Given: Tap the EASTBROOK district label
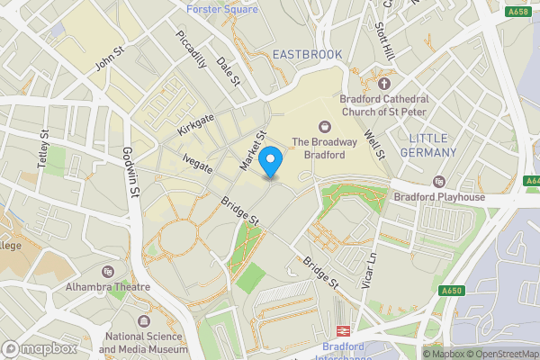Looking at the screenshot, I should tap(307, 55).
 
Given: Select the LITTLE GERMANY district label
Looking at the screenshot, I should tap(441, 146).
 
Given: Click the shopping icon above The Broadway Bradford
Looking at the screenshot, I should tap(325, 127).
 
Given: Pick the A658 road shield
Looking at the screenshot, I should tap(518, 13).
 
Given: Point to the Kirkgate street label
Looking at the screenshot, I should tap(197, 125).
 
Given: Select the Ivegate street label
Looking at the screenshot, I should tap(197, 162).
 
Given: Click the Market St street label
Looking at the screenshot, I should tap(253, 154).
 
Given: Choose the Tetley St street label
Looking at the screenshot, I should tap(43, 148).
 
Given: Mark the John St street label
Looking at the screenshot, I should tap(110, 58).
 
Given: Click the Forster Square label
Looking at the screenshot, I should tap(221, 9).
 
